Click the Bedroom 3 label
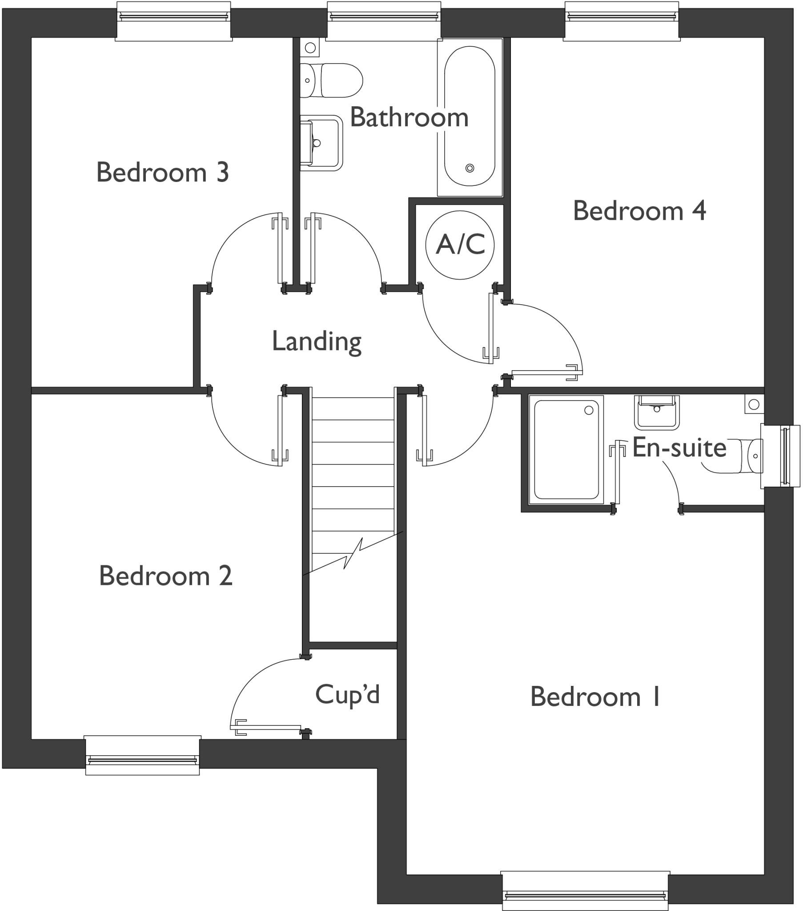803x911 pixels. point(163,173)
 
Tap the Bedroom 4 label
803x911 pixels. point(639,211)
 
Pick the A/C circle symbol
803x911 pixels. point(460,245)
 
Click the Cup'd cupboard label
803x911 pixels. point(347,694)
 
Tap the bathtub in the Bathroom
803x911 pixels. point(470,117)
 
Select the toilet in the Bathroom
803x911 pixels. point(331,81)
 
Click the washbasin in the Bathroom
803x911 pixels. point(321,143)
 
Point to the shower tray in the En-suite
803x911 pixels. point(566,449)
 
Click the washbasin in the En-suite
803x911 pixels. point(656,412)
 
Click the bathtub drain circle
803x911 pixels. point(470,168)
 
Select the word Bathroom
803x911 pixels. point(409,118)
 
